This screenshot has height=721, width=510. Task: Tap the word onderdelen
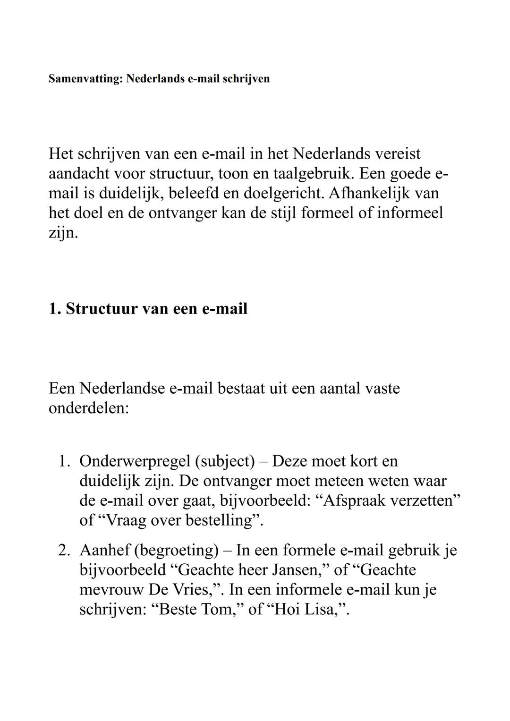89,408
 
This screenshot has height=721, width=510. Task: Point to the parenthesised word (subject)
225,461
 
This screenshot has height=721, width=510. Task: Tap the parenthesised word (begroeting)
178,551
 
